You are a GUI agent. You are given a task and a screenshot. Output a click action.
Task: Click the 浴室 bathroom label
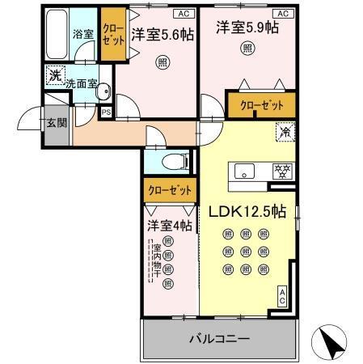[x=83, y=36]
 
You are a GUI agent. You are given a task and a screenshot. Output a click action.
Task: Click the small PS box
[x=105, y=112]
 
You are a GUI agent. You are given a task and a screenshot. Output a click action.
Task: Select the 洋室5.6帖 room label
[x=162, y=35]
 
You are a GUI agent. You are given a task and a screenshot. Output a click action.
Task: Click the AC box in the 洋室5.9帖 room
[x=283, y=14]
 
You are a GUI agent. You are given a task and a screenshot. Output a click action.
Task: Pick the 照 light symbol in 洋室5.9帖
[x=247, y=48]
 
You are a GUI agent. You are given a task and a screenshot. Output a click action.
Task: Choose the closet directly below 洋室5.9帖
[x=262, y=105]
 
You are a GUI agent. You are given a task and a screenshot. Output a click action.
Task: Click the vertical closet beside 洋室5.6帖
[x=112, y=37]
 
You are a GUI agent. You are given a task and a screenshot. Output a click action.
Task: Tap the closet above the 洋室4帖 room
[x=171, y=191]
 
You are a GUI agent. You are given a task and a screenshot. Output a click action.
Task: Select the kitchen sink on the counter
[x=244, y=171]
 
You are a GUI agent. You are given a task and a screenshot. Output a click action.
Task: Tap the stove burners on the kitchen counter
[x=283, y=171]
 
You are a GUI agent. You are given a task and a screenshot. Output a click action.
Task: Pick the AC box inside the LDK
[x=282, y=297]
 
